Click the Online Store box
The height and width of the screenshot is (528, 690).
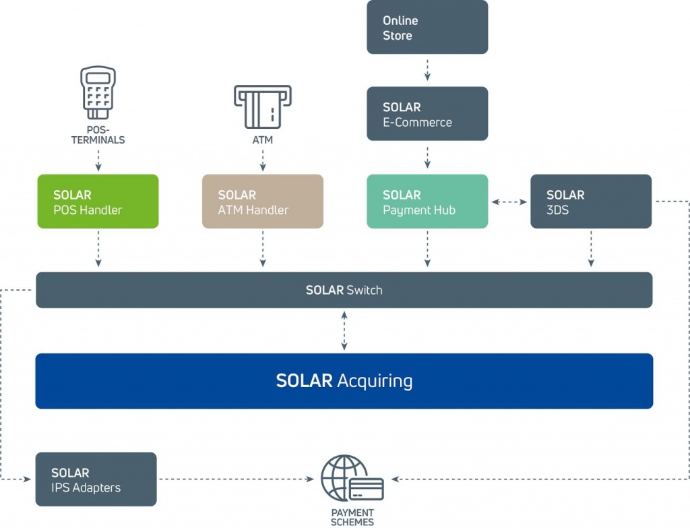click(427, 27)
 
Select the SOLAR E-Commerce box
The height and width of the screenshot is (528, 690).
click(427, 114)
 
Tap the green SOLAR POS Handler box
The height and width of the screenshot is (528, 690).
click(98, 202)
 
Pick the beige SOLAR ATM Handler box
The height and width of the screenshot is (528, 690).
click(263, 202)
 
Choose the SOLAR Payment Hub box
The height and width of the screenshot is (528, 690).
click(427, 202)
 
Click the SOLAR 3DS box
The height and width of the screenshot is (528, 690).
click(591, 202)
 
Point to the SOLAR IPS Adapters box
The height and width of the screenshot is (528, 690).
click(96, 479)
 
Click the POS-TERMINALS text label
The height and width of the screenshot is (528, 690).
click(98, 136)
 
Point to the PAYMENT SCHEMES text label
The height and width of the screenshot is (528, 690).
click(352, 517)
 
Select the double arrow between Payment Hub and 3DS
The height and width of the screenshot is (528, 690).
click(509, 202)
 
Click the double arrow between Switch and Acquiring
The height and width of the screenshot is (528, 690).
click(344, 330)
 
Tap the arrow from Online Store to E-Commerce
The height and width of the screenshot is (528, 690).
click(427, 70)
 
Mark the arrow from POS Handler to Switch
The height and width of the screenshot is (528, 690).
click(98, 250)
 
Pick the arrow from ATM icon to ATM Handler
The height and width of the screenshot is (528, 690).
click(263, 160)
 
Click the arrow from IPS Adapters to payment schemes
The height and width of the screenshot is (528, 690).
click(236, 479)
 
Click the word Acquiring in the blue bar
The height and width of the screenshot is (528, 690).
click(375, 381)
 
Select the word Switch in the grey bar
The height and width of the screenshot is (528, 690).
click(364, 291)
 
